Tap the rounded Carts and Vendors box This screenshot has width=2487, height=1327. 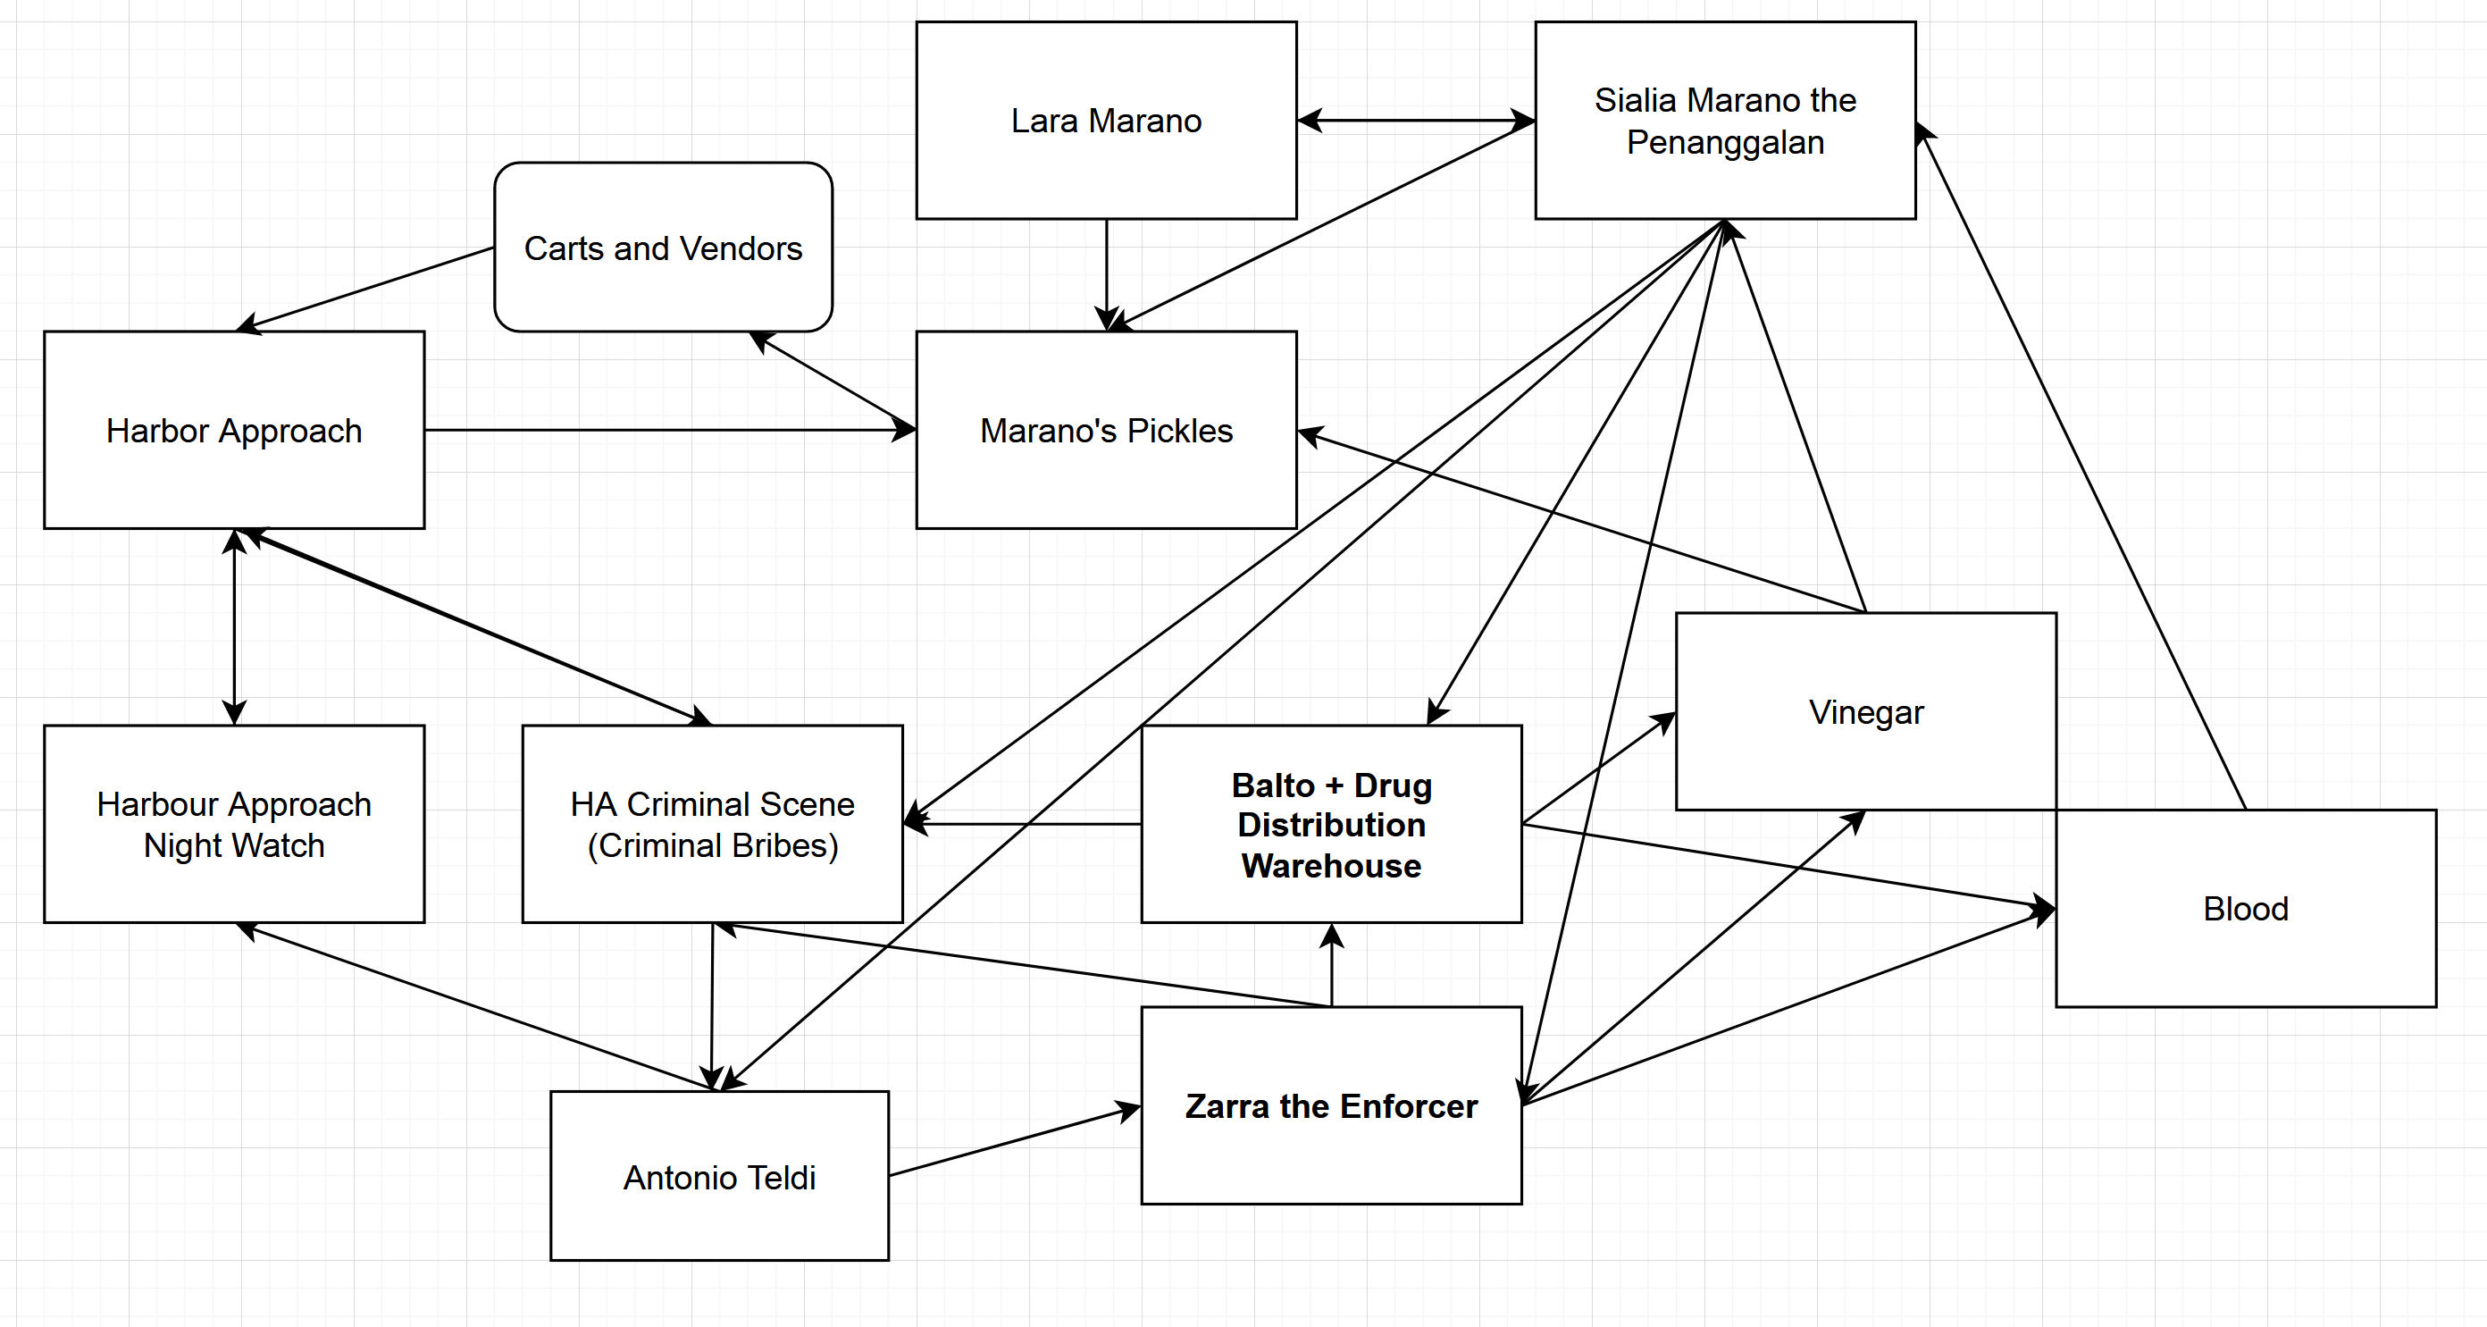663,248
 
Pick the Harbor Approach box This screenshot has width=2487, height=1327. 234,430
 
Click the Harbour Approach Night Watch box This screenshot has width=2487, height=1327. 234,824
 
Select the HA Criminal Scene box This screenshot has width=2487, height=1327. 712,824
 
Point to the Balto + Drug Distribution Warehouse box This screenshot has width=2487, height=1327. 1331,824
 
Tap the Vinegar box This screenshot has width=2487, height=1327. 1865,712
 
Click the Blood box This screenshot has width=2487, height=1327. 2246,908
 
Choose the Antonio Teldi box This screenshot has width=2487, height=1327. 719,1176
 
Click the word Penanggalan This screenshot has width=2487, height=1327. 1725,143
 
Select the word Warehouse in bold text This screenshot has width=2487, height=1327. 1331,865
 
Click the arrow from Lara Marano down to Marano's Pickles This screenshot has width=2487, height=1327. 1107,275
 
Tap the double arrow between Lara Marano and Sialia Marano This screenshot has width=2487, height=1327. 1415,121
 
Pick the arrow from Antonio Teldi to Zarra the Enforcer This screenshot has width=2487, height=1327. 1014,1141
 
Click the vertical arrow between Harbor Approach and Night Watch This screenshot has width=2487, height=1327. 234,628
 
